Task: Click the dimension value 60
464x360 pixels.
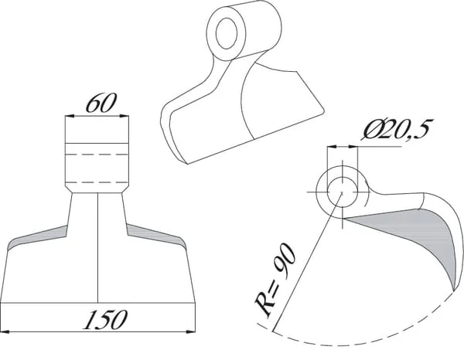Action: point(101,104)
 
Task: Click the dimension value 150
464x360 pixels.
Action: point(104,320)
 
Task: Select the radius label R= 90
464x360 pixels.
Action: point(275,280)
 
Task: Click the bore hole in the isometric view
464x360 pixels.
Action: point(227,33)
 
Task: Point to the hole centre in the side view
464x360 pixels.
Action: point(342,192)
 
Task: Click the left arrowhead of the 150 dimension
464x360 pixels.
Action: point(5,332)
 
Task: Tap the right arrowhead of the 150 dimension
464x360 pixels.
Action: point(190,332)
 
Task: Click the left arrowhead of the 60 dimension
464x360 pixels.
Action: point(70,116)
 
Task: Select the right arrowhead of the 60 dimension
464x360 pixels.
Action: point(124,116)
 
